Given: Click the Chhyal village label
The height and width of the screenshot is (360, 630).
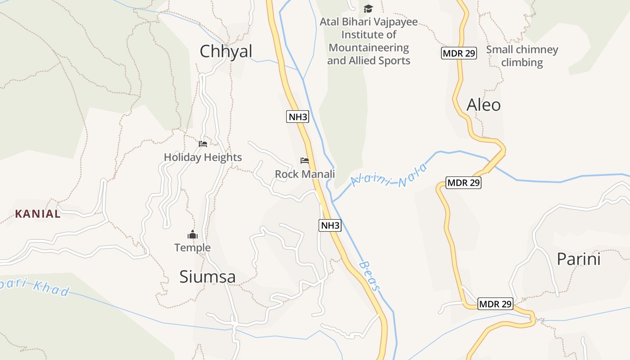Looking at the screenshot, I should [226, 51].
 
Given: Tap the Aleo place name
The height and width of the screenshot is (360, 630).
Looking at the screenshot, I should [484, 105].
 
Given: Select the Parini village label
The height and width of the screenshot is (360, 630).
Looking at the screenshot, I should [579, 259].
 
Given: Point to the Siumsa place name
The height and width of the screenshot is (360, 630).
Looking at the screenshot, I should [207, 276].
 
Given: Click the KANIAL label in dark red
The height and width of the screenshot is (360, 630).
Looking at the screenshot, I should [38, 214].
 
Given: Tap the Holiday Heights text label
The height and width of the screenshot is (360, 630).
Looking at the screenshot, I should [203, 157].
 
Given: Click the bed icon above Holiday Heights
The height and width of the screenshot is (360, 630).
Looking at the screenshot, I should [203, 144].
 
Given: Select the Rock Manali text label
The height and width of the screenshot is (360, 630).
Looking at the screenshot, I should [305, 174].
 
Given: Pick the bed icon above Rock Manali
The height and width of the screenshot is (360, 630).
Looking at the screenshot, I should [305, 161].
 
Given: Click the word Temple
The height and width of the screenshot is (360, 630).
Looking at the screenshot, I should [193, 247].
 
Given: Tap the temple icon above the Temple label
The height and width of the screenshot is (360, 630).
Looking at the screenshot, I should [193, 234].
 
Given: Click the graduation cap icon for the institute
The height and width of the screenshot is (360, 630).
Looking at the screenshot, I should [369, 9].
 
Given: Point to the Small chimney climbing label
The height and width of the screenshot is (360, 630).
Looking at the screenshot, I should [522, 56].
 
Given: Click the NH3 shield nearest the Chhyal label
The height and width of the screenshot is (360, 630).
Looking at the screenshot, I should [297, 117].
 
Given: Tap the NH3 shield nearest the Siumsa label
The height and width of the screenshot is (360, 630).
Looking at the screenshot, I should [330, 225].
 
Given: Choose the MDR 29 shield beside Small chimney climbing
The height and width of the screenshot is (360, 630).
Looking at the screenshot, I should [459, 54].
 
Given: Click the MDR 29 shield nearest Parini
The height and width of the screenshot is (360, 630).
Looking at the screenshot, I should [495, 304].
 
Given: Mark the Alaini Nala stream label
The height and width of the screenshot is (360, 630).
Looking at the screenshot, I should [388, 175].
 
